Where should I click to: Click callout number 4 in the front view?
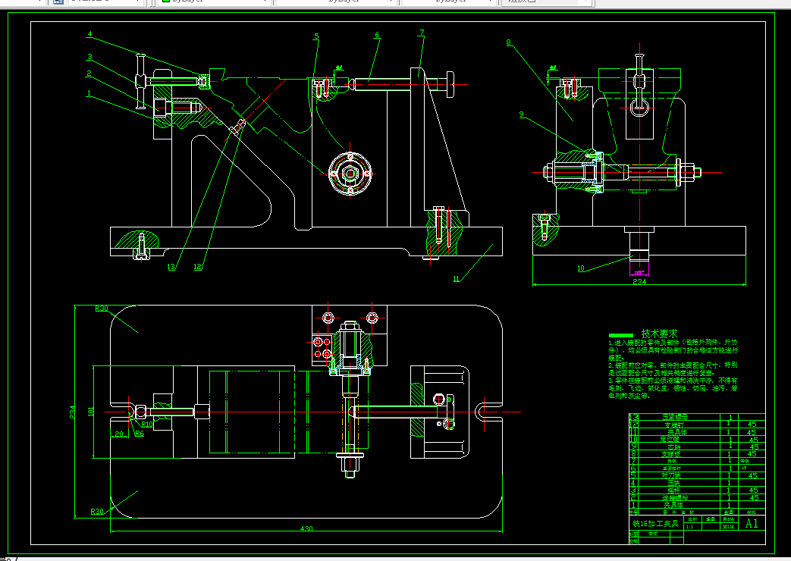[x=89, y=34]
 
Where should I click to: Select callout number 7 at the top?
[x=421, y=33]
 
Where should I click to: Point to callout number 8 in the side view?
[x=510, y=43]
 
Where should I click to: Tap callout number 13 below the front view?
[x=171, y=267]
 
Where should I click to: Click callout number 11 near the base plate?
[x=457, y=279]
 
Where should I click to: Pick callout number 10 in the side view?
[x=581, y=268]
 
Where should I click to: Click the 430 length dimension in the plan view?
[x=306, y=528]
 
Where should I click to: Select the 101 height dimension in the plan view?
[x=91, y=412]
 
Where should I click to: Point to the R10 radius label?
[x=147, y=425]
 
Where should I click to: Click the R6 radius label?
[x=139, y=434]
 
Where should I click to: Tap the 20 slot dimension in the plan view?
[x=119, y=434]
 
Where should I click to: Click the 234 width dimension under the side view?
[x=639, y=282]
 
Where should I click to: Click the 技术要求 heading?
[x=659, y=334]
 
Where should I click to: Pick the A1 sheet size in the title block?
[x=752, y=523]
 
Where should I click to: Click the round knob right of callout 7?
[x=450, y=83]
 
